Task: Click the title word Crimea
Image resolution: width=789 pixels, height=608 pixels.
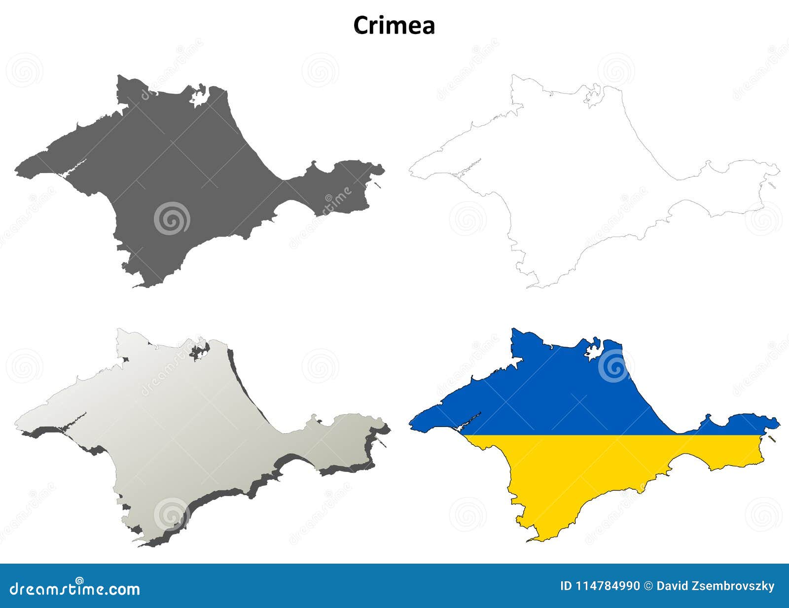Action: [394, 26]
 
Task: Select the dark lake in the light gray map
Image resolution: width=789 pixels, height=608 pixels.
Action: [199, 352]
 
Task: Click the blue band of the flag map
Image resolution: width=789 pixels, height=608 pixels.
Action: [567, 394]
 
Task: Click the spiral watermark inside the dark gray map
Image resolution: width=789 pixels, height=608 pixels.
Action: [172, 218]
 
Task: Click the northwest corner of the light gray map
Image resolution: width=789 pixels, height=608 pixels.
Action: [118, 330]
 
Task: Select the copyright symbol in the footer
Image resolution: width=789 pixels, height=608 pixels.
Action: [648, 586]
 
